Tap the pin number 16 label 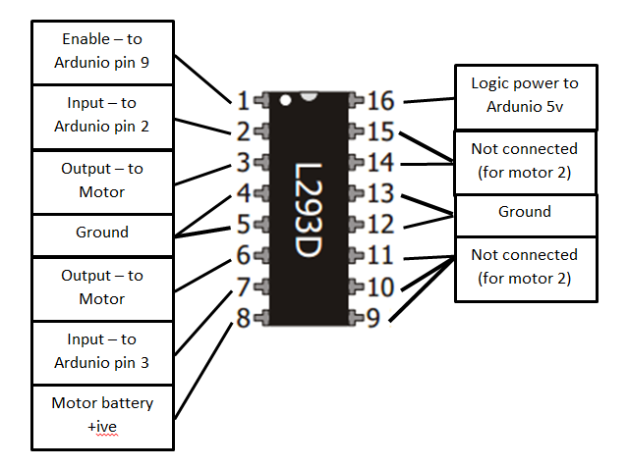point(380,100)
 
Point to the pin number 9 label point(374,317)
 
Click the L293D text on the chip point(309,210)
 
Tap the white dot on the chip point(285,100)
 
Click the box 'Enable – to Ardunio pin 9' point(103,52)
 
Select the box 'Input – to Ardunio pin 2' point(103,116)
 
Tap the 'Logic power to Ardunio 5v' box point(525,96)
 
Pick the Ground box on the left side point(103,234)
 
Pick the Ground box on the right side point(525,213)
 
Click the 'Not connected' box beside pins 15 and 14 point(525,161)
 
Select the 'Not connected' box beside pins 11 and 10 point(525,267)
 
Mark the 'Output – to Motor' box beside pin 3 point(103,181)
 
